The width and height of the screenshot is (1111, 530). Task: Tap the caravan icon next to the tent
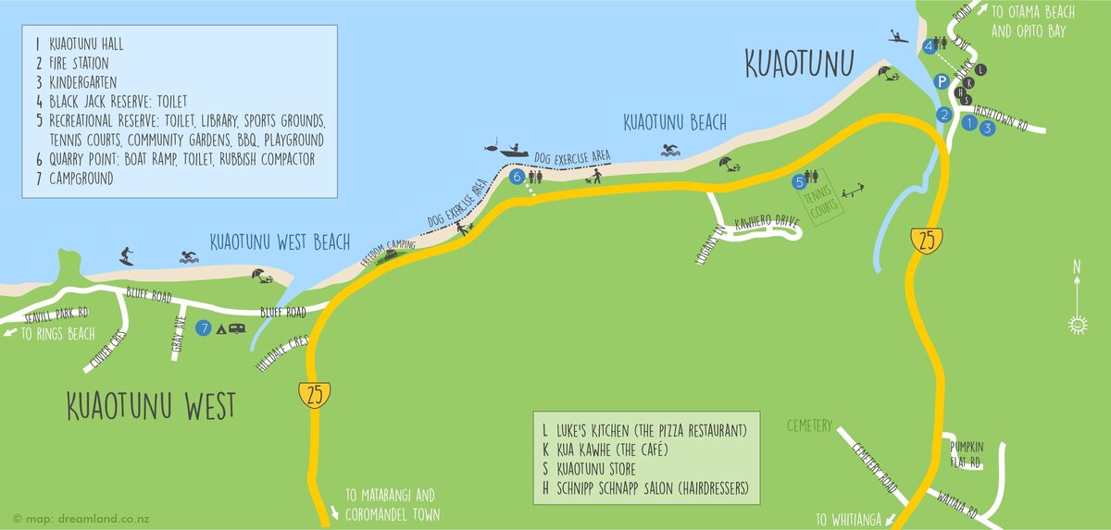238,327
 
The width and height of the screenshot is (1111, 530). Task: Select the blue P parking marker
941,81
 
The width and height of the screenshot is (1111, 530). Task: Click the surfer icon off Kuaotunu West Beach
127,255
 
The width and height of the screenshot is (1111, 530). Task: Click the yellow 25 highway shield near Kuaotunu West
315,395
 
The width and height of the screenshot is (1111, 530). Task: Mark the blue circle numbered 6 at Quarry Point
517,175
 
